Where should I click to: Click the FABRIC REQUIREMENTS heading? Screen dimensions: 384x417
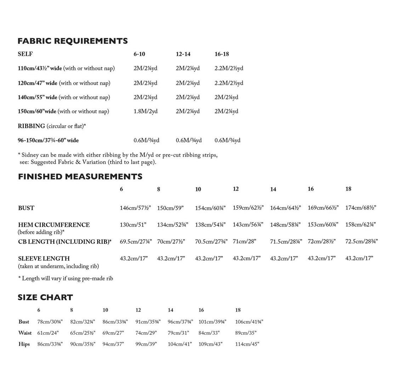tap(73, 41)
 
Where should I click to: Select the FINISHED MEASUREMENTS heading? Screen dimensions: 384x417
tap(80, 176)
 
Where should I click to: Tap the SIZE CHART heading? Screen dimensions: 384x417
tap(45, 297)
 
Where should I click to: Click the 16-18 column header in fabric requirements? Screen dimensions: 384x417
tap(222, 54)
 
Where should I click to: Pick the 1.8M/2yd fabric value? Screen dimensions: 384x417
tap(145, 111)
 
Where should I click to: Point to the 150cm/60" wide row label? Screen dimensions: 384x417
tap(37, 111)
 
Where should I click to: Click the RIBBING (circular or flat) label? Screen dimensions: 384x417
tap(52, 126)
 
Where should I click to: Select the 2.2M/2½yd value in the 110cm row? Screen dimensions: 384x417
tap(229, 68)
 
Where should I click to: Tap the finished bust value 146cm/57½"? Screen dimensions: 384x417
tap(135, 208)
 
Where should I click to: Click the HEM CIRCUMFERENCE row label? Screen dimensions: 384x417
tap(54, 225)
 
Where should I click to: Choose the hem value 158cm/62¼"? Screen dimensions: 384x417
tap(360, 225)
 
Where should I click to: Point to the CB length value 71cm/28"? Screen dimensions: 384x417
tap(244, 242)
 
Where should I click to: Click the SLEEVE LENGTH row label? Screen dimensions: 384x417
tap(44, 259)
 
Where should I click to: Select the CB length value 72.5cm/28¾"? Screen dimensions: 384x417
tap(361, 242)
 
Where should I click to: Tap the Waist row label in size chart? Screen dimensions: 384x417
tap(25, 333)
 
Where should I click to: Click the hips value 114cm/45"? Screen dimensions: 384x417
tap(247, 344)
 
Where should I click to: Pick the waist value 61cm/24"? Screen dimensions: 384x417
tap(48, 333)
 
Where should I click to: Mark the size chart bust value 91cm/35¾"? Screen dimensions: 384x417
tap(148, 322)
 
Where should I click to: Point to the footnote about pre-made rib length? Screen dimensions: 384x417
tap(65, 278)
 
